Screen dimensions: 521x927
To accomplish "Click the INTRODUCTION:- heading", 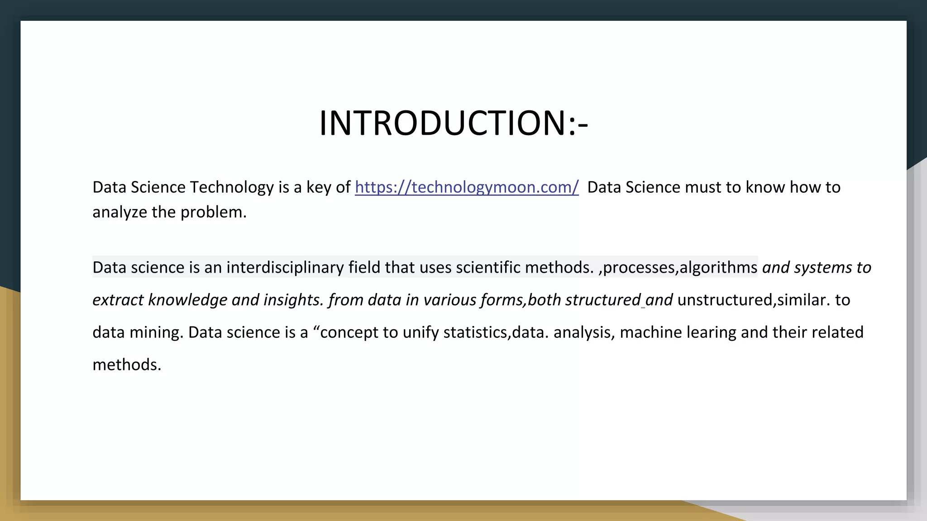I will click(454, 123).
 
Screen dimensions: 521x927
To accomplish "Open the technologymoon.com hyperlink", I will click(467, 187).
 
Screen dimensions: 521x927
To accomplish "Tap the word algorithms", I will click(718, 267).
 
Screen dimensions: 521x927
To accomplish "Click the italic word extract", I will click(118, 300).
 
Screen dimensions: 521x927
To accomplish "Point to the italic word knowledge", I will click(188, 300).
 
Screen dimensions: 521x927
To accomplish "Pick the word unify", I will click(420, 332).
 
